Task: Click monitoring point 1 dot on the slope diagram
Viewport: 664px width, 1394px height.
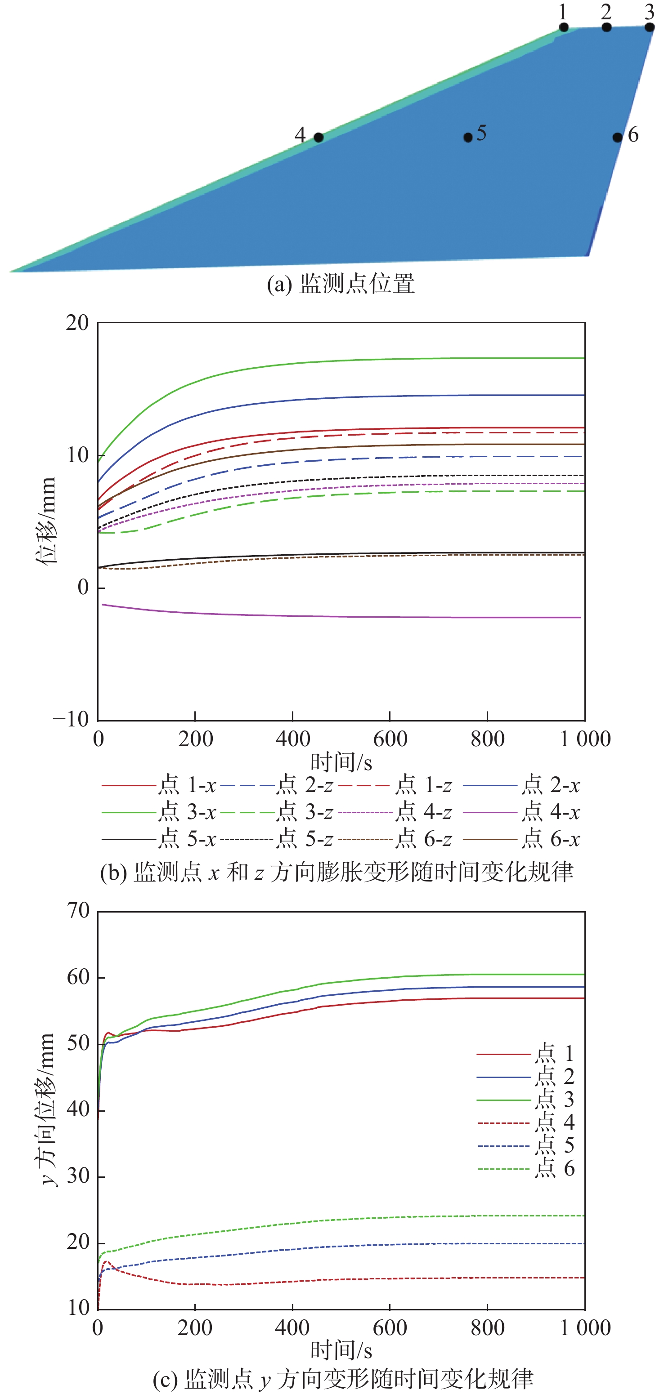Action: click(x=564, y=27)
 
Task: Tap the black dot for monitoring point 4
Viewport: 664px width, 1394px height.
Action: click(x=319, y=138)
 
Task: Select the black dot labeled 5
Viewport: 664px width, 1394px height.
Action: click(x=468, y=138)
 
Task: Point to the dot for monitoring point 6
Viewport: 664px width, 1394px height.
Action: click(x=617, y=138)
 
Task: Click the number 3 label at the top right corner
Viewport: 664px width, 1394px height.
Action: click(x=649, y=11)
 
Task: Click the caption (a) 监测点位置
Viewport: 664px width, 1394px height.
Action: click(x=341, y=285)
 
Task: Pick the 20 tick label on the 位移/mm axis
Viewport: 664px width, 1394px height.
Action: click(x=77, y=323)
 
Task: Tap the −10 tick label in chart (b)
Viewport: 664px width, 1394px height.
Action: click(x=71, y=720)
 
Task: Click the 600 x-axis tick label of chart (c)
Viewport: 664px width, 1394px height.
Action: click(x=390, y=1327)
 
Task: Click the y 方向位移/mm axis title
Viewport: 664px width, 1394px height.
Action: click(x=48, y=1109)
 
